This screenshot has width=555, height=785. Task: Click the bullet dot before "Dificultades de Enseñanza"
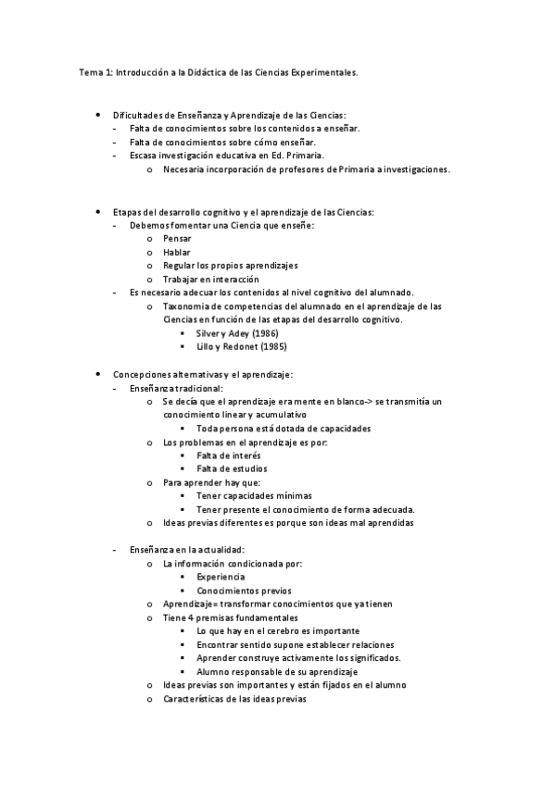98,113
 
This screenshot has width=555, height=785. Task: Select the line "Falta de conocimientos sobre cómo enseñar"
222,142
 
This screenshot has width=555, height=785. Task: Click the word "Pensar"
177,238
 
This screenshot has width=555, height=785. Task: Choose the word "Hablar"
177,252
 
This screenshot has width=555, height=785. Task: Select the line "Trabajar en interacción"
210,279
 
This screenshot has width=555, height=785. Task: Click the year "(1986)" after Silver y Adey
264,332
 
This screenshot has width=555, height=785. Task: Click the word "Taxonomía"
188,305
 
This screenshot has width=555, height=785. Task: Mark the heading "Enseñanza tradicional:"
176,388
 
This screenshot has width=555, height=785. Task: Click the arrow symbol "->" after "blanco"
368,402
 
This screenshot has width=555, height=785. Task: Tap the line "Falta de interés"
228,455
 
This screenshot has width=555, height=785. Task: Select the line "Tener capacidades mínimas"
254,495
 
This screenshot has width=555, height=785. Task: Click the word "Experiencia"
221,577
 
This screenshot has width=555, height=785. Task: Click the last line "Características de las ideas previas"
233,698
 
